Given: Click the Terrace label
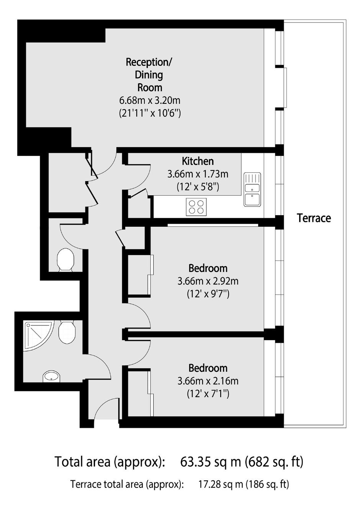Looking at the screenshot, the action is click(x=314, y=218).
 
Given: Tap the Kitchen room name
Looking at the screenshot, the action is click(x=198, y=161).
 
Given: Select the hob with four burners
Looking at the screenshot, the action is click(x=196, y=207).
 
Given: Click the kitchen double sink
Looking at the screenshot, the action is click(x=252, y=190).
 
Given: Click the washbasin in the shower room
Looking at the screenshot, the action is click(x=52, y=376).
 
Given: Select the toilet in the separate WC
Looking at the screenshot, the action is click(x=65, y=260).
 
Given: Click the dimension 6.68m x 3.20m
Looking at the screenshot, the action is click(x=150, y=100).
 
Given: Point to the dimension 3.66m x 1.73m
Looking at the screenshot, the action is click(x=198, y=174).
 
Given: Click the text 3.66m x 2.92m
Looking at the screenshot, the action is click(x=208, y=282).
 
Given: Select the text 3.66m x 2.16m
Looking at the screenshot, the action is click(x=208, y=381).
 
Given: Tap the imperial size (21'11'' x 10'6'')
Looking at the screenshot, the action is click(x=150, y=113).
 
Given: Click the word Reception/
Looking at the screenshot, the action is click(x=149, y=62).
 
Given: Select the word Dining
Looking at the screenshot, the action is click(x=149, y=75).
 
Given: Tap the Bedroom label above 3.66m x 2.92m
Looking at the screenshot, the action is click(x=208, y=268).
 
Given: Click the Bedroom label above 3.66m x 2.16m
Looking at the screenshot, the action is click(x=208, y=368).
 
